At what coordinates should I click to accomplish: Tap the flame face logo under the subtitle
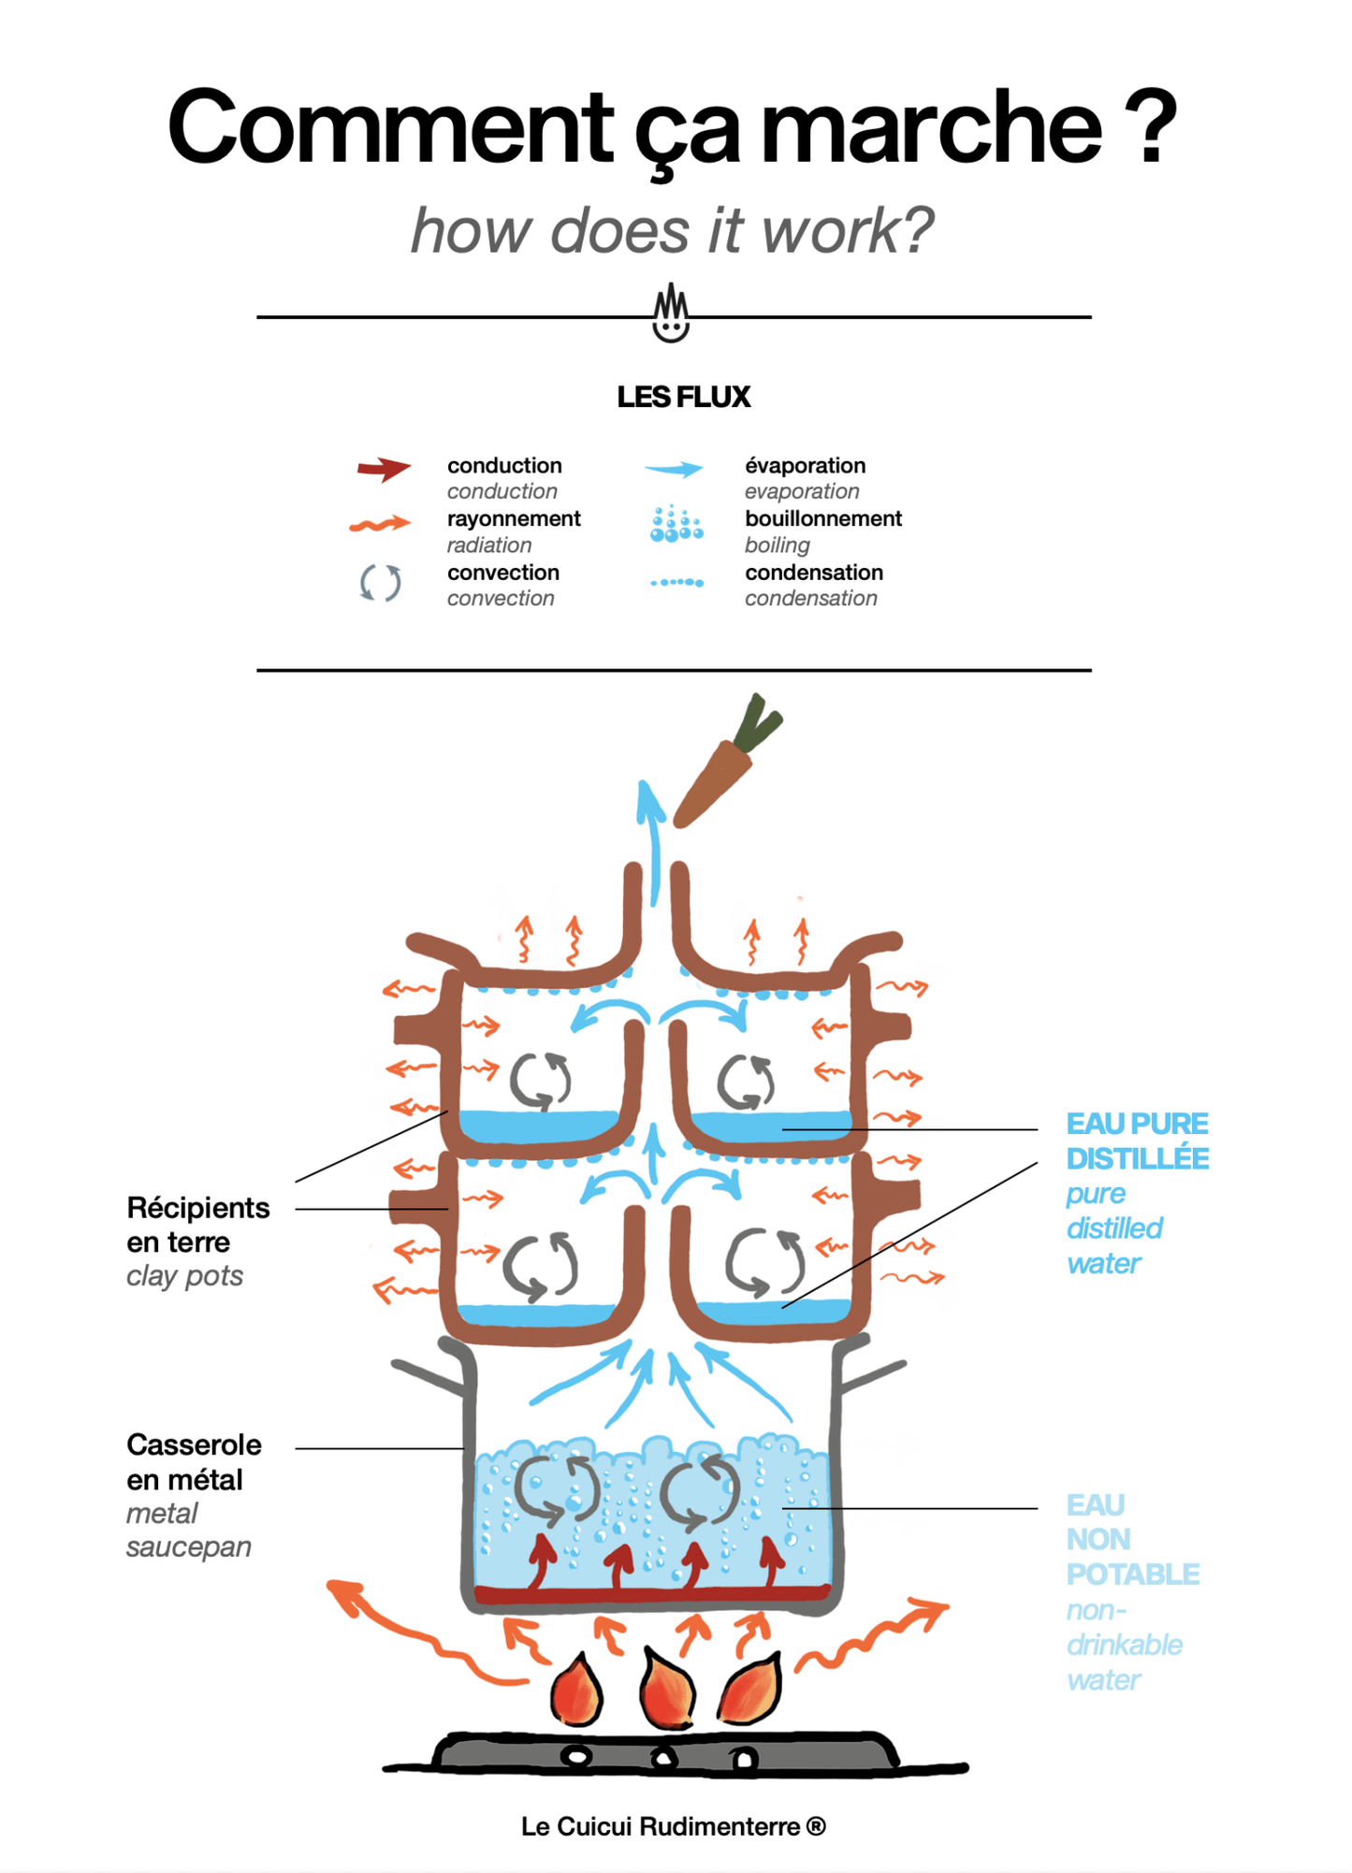pos(671,313)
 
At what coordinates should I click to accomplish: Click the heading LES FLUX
pos(683,397)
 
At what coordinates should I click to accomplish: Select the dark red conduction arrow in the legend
pos(384,468)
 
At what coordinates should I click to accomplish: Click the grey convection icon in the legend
pos(381,582)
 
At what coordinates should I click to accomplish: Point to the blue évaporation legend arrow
pos(674,469)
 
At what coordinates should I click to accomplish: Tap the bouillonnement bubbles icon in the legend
pos(676,524)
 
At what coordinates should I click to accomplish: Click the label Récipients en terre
pos(197,1225)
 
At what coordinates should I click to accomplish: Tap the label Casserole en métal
pos(194,1461)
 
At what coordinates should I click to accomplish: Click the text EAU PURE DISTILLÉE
pos(1137,1140)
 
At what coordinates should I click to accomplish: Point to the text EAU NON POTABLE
pos(1132,1539)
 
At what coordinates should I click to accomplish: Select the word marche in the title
pos(931,126)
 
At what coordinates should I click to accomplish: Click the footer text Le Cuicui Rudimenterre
pos(673,1826)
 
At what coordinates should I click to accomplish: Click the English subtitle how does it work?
pos(673,230)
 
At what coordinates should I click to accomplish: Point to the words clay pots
pos(185,1275)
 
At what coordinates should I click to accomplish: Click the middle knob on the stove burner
pos(663,1759)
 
